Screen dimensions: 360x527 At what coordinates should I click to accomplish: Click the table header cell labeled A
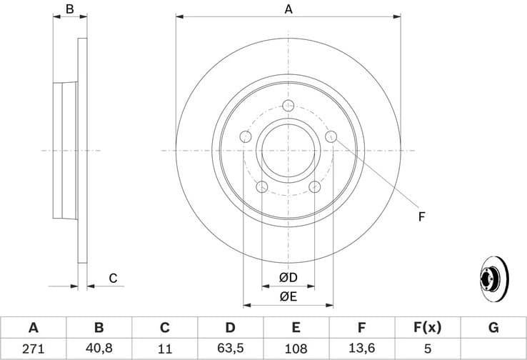click(x=33, y=328)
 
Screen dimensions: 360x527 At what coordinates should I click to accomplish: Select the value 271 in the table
click(x=33, y=349)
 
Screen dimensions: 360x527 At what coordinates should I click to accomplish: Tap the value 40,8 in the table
click(x=99, y=349)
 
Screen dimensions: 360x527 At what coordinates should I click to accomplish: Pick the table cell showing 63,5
click(x=230, y=349)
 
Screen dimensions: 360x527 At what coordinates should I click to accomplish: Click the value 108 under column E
click(x=296, y=349)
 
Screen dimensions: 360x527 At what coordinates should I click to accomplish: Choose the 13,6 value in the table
click(x=361, y=349)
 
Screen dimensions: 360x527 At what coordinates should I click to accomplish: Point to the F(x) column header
click(x=427, y=328)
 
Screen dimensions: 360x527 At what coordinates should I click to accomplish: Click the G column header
click(x=493, y=328)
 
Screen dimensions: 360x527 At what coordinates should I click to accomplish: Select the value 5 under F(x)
click(x=427, y=349)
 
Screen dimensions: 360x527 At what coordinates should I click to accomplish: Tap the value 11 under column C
click(x=164, y=349)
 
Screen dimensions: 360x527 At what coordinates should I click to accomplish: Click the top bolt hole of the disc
click(x=288, y=106)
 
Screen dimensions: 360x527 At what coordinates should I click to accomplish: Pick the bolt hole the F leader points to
click(x=331, y=136)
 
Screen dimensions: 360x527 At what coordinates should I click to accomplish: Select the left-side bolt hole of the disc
click(x=245, y=136)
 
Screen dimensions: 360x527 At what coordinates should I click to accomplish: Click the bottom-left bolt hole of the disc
click(x=261, y=187)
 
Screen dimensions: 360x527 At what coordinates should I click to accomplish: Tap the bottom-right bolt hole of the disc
click(x=314, y=187)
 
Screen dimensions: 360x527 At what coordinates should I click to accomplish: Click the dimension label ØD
click(x=288, y=277)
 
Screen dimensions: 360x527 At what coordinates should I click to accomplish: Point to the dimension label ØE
click(x=288, y=296)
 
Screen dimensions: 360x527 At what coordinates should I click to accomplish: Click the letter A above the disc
click(x=288, y=9)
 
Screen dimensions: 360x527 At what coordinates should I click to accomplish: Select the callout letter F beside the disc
click(x=421, y=216)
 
